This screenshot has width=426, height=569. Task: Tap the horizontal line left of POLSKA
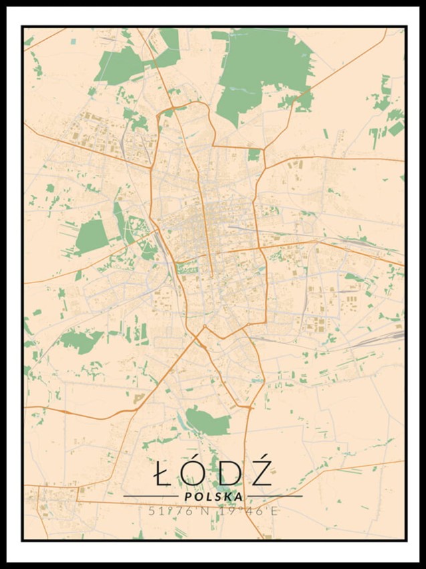click(150, 497)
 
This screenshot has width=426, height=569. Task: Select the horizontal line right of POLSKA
click(274, 497)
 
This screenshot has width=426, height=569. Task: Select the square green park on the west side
click(92, 236)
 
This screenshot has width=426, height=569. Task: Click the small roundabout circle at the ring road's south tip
click(205, 327)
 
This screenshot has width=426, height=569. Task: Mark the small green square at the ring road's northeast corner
click(254, 155)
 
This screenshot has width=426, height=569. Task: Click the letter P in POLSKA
click(189, 497)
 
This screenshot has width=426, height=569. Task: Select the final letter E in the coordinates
click(272, 511)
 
